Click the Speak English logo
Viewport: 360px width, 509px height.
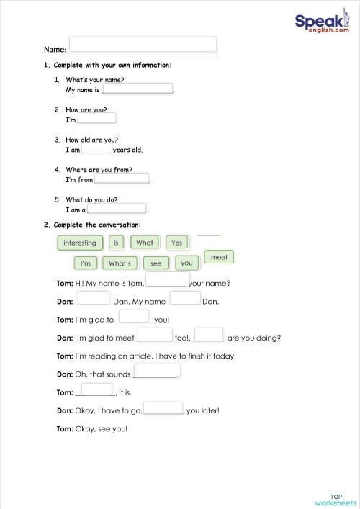click(321, 25)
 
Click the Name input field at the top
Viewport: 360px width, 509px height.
click(143, 45)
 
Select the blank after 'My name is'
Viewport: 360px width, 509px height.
click(138, 89)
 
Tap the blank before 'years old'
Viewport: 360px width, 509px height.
click(96, 149)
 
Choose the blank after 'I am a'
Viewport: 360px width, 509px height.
click(117, 209)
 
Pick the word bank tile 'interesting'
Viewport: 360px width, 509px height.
click(80, 243)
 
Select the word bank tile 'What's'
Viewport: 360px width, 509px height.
click(120, 263)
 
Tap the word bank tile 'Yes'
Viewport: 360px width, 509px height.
click(177, 243)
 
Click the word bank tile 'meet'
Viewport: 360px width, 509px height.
click(220, 257)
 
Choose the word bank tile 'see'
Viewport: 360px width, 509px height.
click(156, 263)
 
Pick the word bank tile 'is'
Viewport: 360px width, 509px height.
click(115, 243)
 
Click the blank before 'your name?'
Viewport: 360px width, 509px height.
click(167, 280)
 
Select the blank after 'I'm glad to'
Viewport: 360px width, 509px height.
click(134, 316)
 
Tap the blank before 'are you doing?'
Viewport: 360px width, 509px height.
click(210, 334)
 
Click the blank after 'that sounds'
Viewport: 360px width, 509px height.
click(156, 371)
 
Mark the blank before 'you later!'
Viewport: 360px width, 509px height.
click(163, 408)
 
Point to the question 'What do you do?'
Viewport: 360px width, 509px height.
click(91, 199)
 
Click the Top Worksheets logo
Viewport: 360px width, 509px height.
click(336, 500)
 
